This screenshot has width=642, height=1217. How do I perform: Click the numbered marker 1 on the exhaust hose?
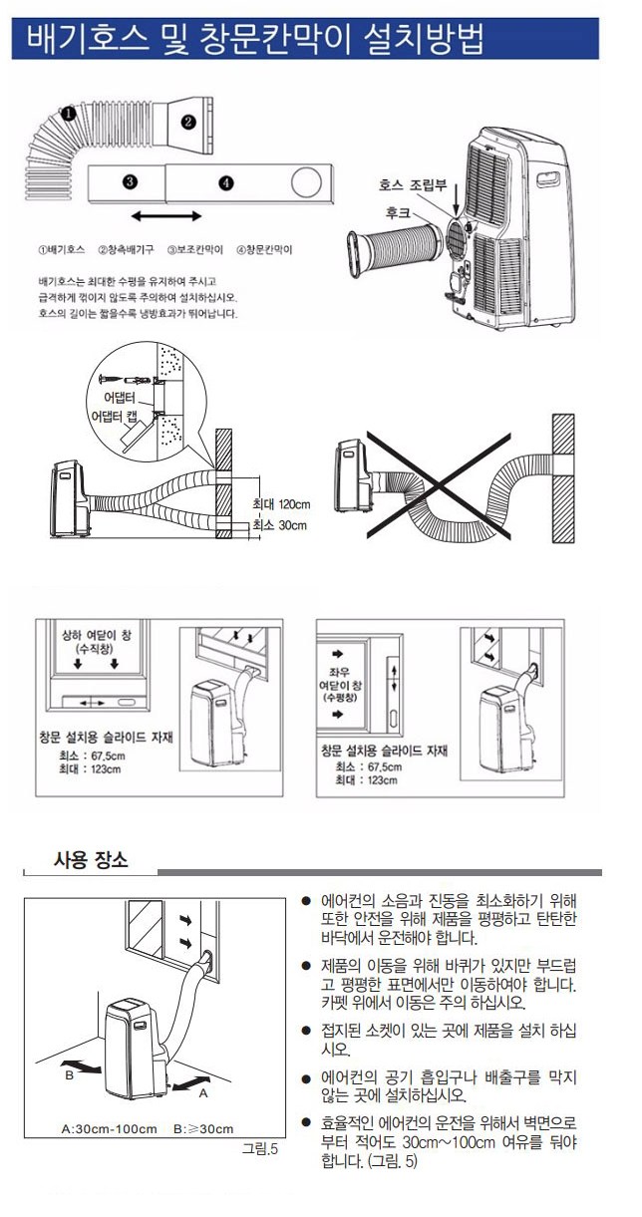(68, 114)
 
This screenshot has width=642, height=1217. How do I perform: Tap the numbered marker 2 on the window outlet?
(188, 122)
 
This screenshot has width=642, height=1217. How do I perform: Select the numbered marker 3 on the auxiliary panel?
(130, 182)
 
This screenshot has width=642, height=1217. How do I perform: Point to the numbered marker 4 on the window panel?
(226, 183)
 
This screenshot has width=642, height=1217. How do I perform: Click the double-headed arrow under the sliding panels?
(166, 216)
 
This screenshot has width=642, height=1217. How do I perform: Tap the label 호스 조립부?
(413, 185)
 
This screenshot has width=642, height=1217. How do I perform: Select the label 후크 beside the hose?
(398, 212)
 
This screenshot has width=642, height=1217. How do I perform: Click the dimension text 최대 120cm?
(281, 504)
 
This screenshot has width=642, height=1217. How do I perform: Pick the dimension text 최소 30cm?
(280, 525)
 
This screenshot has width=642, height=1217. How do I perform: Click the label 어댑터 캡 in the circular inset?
(115, 417)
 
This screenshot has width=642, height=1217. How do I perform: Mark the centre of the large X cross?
(439, 485)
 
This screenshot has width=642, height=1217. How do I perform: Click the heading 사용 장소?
(91, 859)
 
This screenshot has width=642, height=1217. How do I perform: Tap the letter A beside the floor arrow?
(202, 1092)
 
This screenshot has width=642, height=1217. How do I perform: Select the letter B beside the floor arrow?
(69, 1075)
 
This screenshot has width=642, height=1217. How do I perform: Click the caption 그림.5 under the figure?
(260, 1148)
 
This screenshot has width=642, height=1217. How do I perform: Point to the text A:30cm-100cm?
(110, 1129)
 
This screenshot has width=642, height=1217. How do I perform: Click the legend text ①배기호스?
(61, 250)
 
